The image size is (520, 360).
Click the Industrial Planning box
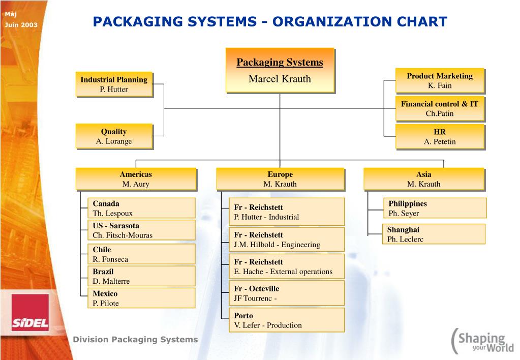tap(114, 84)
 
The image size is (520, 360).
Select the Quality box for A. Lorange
tap(114, 136)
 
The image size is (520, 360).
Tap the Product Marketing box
tap(440, 81)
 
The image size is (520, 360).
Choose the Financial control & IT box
tap(440, 109)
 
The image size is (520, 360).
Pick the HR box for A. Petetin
tap(440, 137)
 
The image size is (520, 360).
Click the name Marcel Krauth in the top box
tap(280, 79)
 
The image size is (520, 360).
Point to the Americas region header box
tap(136, 179)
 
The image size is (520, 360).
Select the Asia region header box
tap(423, 179)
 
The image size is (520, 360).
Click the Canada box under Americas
tap(141, 208)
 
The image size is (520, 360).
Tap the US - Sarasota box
tap(141, 230)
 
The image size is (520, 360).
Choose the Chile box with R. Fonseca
tap(141, 254)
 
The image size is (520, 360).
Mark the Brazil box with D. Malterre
tap(141, 276)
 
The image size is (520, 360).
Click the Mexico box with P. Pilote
tap(141, 298)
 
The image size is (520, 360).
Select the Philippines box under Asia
tap(434, 208)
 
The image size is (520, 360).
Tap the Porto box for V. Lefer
tap(286, 320)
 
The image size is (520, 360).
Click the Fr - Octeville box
tap(286, 293)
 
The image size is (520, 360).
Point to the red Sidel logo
tap(30, 312)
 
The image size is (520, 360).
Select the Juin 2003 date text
tap(21, 24)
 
